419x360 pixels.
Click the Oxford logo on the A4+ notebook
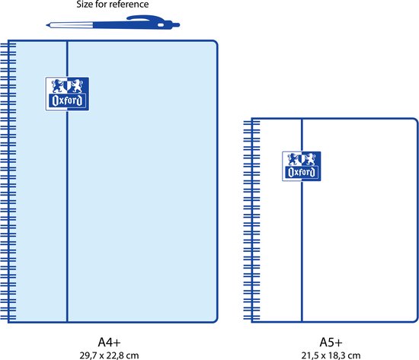[x=67, y=94]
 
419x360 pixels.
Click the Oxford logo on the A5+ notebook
[x=302, y=167]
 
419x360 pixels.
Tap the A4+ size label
[x=109, y=342]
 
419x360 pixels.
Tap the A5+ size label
[x=331, y=342]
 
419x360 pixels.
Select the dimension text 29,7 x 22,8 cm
[x=109, y=355]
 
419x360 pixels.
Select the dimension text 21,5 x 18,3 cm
[x=331, y=355]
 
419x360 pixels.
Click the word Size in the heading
[x=85, y=5]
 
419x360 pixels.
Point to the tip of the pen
[x=46, y=25]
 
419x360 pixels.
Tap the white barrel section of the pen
[x=72, y=25]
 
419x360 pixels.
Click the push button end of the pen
[x=177, y=25]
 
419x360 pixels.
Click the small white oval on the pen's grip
[x=160, y=25]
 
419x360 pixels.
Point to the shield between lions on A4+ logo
[x=67, y=86]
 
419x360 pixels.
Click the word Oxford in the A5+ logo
[x=302, y=173]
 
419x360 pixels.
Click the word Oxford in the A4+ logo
[x=67, y=100]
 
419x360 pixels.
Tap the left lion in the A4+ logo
[x=58, y=85]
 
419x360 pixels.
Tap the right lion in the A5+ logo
[x=310, y=159]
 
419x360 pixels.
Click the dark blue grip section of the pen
[x=133, y=25]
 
